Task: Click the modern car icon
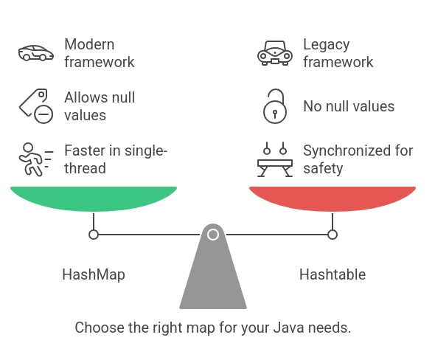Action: pyautogui.click(x=36, y=53)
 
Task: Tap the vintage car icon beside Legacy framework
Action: pyautogui.click(x=275, y=53)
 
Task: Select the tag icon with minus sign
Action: pyautogui.click(x=36, y=106)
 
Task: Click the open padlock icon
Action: pyautogui.click(x=275, y=106)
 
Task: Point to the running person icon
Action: pyautogui.click(x=36, y=159)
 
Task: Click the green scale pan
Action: pyautogui.click(x=94, y=198)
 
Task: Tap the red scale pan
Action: pyautogui.click(x=333, y=198)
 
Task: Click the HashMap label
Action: pyautogui.click(x=94, y=274)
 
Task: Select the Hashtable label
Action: pyautogui.click(x=333, y=274)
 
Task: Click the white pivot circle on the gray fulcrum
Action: pyautogui.click(x=213, y=235)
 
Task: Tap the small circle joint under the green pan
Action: pyautogui.click(x=94, y=235)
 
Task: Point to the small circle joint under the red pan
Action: pyautogui.click(x=333, y=235)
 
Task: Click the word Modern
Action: pyautogui.click(x=89, y=44)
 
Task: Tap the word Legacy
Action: pyautogui.click(x=326, y=45)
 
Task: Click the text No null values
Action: pyautogui.click(x=349, y=106)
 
